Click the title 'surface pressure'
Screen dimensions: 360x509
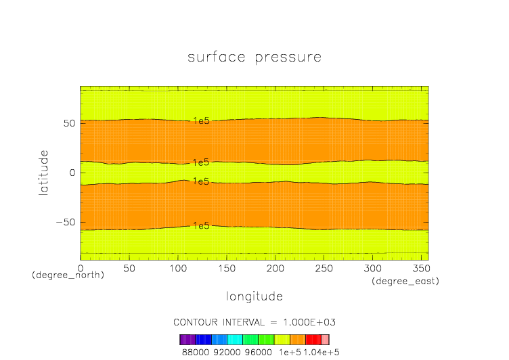coord(254,57)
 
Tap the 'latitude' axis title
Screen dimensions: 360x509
coord(44,173)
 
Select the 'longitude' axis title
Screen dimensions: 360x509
coord(254,296)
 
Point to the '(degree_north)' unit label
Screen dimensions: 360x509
coord(68,275)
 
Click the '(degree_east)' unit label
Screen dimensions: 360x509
coord(405,281)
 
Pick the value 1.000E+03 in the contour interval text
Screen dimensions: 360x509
coord(309,321)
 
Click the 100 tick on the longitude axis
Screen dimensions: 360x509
coord(178,269)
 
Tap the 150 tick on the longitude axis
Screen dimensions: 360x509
coord(227,269)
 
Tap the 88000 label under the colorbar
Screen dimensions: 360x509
coord(195,352)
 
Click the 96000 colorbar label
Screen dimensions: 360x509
coord(259,352)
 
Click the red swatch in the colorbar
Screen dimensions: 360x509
coord(313,340)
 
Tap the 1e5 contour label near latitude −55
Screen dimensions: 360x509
coord(201,225)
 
